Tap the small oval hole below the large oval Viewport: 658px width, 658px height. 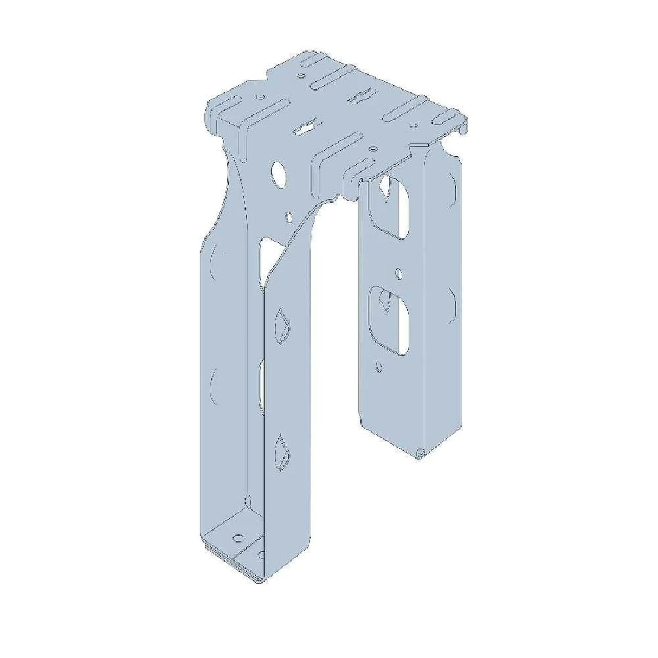(x=289, y=217)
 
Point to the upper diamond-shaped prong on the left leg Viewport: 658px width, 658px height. (x=282, y=325)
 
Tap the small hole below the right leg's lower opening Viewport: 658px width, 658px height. (x=380, y=367)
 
